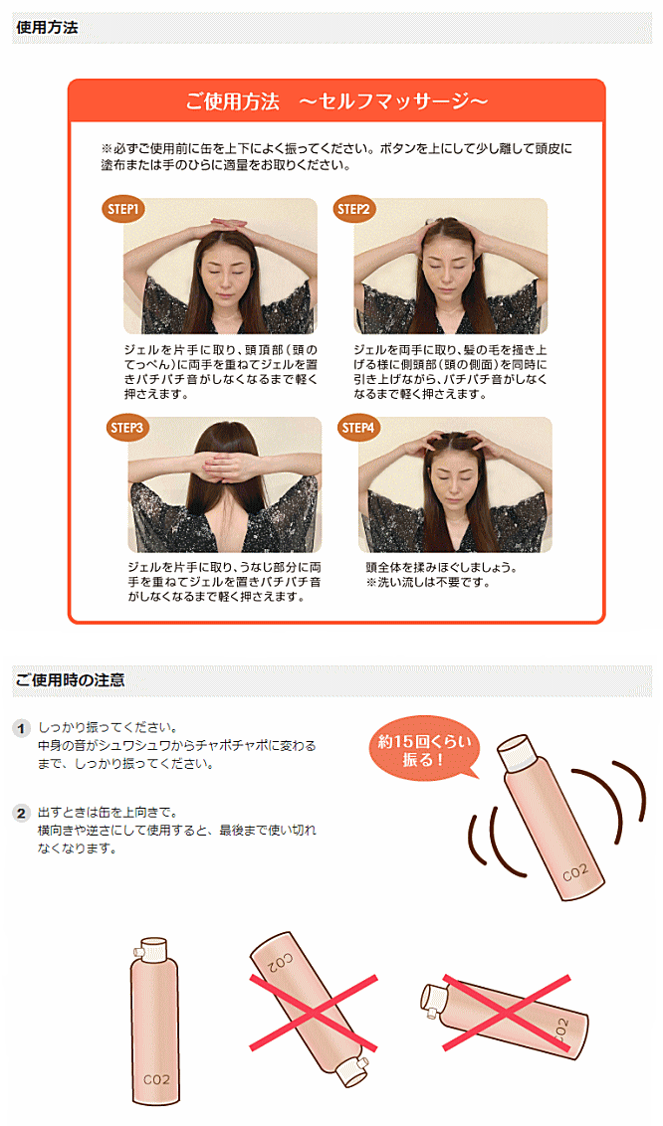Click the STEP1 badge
click(122, 209)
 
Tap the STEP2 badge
click(352, 209)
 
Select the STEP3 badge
click(126, 428)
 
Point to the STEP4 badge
click(357, 428)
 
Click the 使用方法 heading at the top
click(47, 27)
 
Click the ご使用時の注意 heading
click(70, 679)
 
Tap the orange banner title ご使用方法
click(232, 102)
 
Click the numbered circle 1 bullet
click(22, 728)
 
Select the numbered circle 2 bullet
click(22, 813)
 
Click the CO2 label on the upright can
click(156, 1079)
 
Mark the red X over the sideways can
click(507, 1013)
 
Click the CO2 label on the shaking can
click(574, 872)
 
